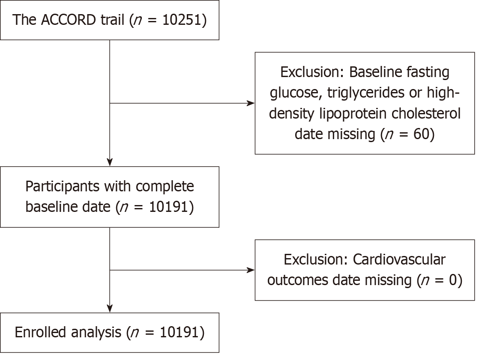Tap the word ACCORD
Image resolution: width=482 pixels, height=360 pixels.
(68, 20)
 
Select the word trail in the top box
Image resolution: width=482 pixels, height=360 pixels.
(113, 20)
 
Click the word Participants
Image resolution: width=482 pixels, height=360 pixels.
(62, 187)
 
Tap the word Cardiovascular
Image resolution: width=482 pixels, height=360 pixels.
(399, 259)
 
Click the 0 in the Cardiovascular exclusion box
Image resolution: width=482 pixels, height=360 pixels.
(453, 280)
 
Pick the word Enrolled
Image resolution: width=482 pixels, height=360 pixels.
(40, 332)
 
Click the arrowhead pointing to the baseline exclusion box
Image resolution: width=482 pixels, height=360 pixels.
(251, 103)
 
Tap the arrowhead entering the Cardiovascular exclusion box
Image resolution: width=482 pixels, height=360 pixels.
(251, 270)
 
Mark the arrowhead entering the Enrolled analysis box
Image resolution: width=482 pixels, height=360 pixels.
(110, 309)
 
